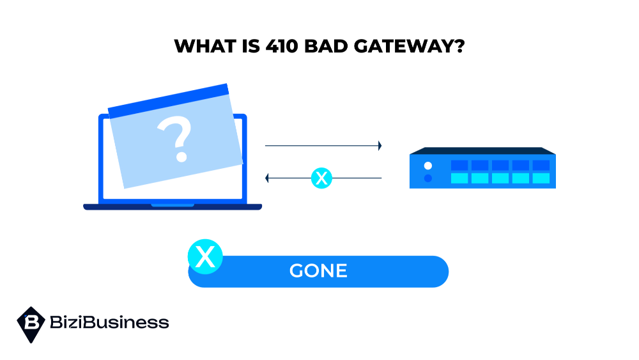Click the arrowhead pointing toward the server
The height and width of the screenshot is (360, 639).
coord(380,146)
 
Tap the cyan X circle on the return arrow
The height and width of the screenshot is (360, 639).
coord(321,178)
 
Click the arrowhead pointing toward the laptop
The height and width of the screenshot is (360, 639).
coord(268,178)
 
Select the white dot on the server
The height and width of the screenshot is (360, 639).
coord(428,166)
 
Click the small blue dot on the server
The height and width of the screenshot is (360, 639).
coord(428,178)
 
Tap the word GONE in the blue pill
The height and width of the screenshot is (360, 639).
coord(318,271)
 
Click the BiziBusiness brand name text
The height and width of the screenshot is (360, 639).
coord(109,322)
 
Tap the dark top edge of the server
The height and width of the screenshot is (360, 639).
coord(482,151)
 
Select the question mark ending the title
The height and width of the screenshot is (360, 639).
coord(458,47)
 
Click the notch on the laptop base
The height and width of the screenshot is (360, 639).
coord(173,205)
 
